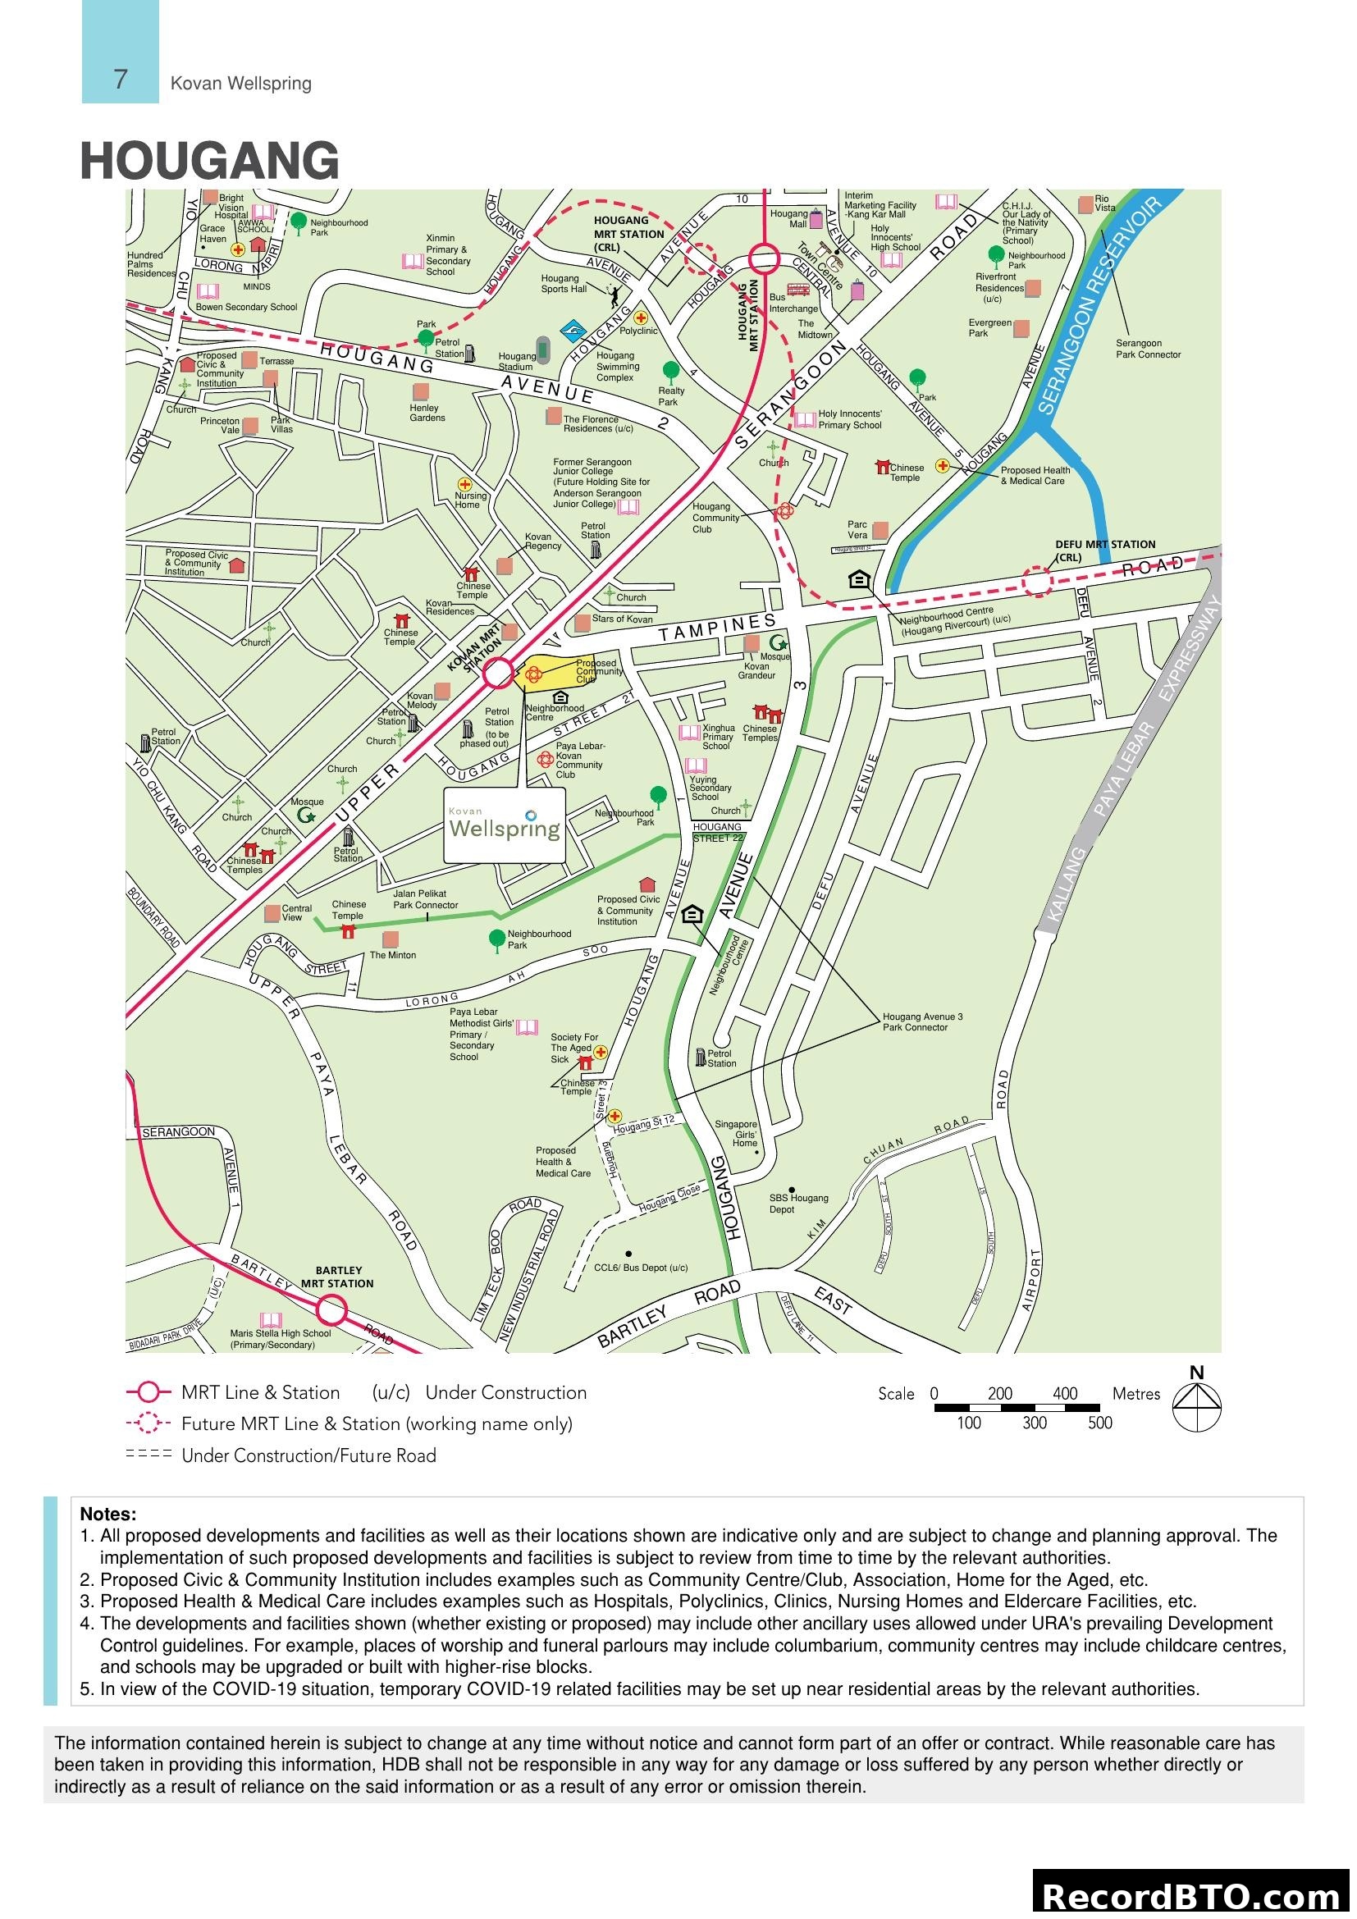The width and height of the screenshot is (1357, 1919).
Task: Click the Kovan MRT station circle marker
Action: pyautogui.click(x=499, y=673)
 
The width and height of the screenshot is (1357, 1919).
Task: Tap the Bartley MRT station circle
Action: pyautogui.click(x=331, y=1309)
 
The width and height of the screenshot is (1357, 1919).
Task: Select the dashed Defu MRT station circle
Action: pyautogui.click(x=1037, y=581)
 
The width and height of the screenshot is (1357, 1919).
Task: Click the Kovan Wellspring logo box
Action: pyautogui.click(x=504, y=825)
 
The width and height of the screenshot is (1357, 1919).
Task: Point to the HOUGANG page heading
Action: pyautogui.click(x=210, y=161)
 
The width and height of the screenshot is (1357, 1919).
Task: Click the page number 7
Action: pyautogui.click(x=121, y=80)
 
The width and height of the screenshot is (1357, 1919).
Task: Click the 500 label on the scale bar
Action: pyautogui.click(x=1099, y=1423)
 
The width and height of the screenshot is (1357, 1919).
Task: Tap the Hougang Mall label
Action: pyautogui.click(x=788, y=219)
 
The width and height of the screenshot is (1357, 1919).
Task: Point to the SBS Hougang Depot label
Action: pyautogui.click(x=798, y=1204)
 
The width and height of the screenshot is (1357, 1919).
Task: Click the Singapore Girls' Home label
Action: pyautogui.click(x=736, y=1133)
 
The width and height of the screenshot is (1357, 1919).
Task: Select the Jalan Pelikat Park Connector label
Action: pyautogui.click(x=425, y=899)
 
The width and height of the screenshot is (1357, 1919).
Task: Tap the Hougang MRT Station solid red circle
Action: pyautogui.click(x=764, y=258)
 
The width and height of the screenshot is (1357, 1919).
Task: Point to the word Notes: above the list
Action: pyautogui.click(x=107, y=1514)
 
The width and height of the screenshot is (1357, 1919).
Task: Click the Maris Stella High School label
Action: pyautogui.click(x=280, y=1339)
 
